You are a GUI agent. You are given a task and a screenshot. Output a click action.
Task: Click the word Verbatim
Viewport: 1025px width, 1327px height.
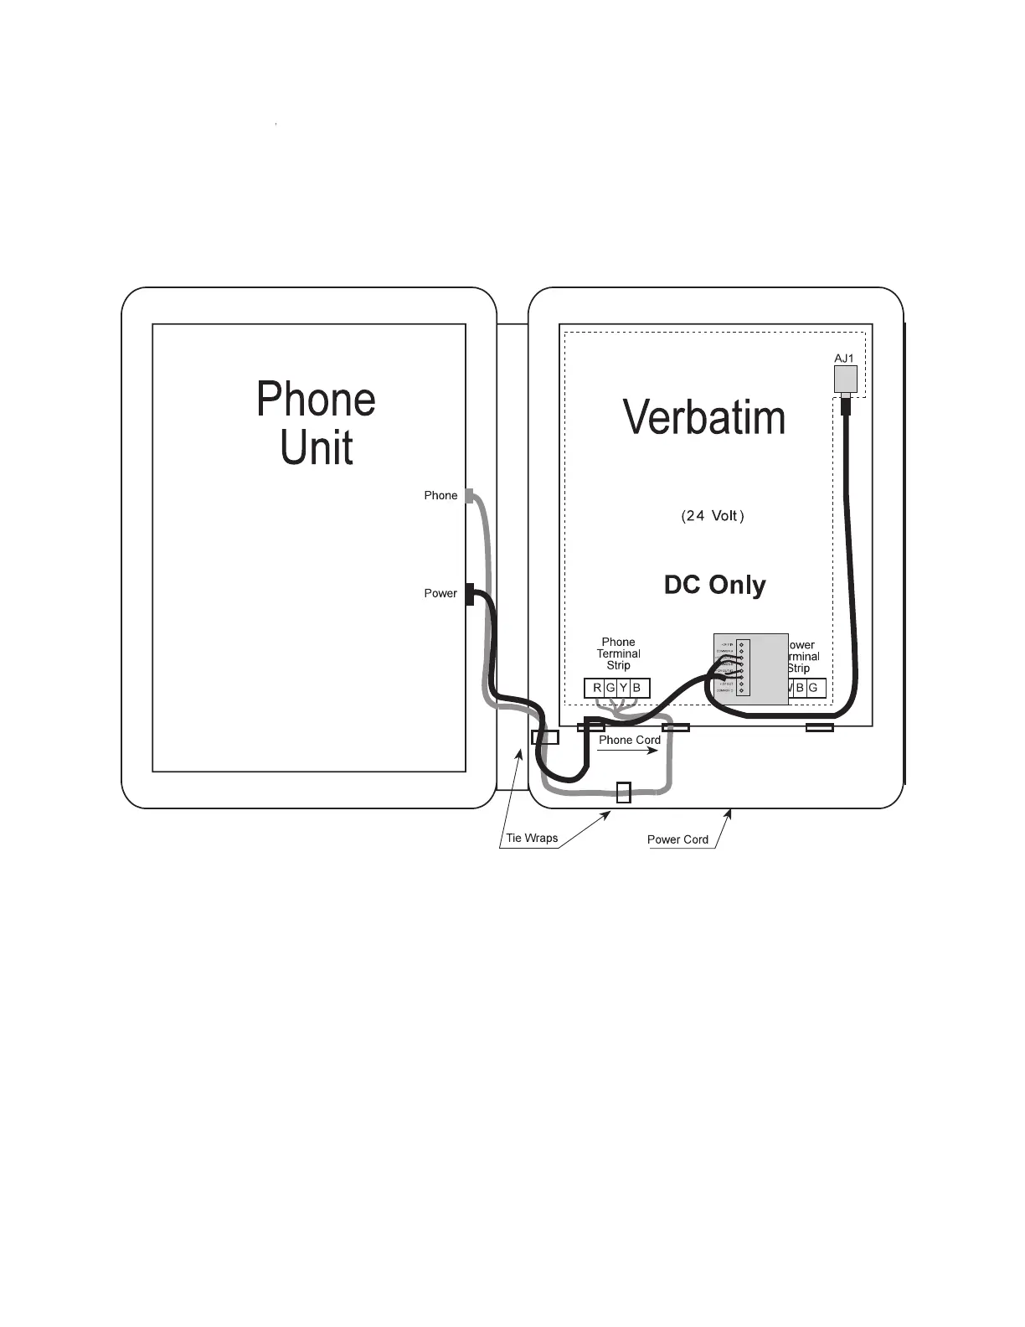[704, 417]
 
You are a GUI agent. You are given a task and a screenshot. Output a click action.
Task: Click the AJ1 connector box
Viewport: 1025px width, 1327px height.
[845, 378]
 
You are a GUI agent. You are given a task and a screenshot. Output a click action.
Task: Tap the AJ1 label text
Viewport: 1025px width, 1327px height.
[844, 359]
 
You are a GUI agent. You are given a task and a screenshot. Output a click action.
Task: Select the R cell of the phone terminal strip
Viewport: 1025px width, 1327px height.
[597, 689]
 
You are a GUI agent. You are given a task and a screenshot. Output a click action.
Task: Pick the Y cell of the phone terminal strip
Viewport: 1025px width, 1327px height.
[623, 689]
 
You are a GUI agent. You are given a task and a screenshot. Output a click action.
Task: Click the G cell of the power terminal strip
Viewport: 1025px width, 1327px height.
[813, 689]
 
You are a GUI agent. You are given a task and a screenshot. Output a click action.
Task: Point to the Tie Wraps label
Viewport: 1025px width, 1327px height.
[532, 838]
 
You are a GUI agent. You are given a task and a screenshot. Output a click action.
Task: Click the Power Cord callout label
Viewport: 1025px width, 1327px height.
[677, 839]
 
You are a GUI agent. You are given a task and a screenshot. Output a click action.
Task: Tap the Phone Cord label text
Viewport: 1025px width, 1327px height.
[630, 740]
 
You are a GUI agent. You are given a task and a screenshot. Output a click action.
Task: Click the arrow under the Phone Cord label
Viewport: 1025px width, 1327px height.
[628, 751]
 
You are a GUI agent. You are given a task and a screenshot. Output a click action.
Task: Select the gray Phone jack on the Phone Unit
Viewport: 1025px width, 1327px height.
[470, 495]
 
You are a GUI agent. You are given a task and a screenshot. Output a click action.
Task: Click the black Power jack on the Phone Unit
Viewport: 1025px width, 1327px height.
[470, 594]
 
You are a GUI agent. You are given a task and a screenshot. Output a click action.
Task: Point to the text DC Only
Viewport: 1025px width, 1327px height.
[714, 585]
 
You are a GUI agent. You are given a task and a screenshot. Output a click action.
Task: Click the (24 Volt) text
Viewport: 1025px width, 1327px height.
[713, 516]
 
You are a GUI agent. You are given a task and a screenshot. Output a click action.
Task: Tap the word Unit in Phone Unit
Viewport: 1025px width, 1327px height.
[317, 448]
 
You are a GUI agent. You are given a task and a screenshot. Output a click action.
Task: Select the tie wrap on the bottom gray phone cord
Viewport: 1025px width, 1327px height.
[623, 792]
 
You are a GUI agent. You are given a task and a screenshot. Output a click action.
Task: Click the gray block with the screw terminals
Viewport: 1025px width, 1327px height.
[751, 669]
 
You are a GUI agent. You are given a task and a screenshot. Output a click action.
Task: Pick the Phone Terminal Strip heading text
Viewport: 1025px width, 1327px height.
[618, 653]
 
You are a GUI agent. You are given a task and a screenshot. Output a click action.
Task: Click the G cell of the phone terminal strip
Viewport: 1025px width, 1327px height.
[610, 689]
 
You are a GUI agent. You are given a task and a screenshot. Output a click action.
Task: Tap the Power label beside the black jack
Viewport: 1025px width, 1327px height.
[440, 593]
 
